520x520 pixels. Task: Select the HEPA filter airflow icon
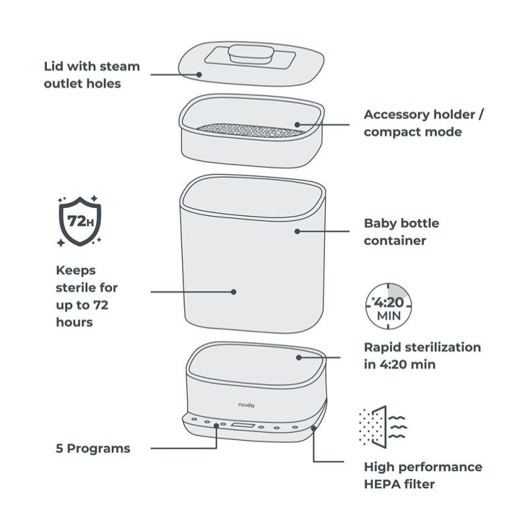[382, 426]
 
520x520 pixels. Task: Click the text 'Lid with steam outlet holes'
[91, 75]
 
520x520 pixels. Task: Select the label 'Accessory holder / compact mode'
[424, 123]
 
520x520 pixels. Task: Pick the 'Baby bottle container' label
[401, 231]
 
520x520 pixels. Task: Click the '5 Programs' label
[92, 448]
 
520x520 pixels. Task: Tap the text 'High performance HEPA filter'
[422, 475]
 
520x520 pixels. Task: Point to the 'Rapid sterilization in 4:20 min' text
[422, 356]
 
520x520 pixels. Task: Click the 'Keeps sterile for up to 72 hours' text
[88, 296]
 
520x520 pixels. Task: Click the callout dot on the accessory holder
[297, 123]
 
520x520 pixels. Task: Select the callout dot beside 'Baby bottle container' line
[297, 231]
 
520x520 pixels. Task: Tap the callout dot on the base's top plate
[298, 356]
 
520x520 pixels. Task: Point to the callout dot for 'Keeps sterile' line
[234, 292]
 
